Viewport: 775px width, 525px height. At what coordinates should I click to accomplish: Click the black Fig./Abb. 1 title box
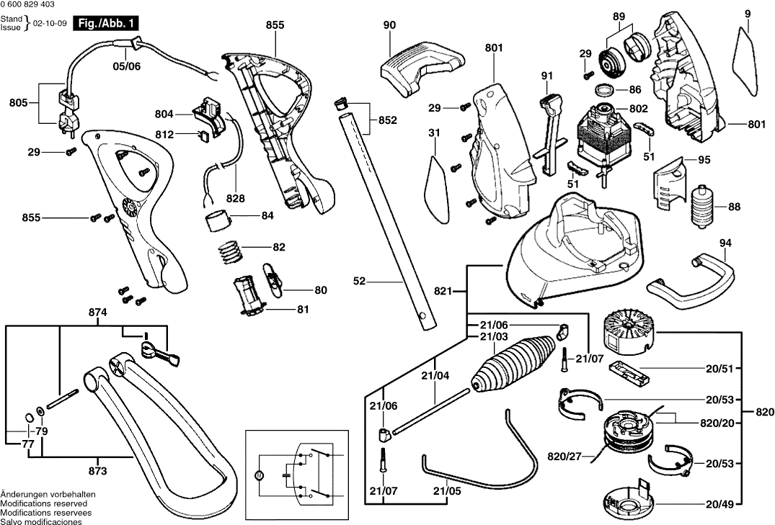(108, 23)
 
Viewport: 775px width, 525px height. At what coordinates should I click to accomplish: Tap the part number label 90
(389, 25)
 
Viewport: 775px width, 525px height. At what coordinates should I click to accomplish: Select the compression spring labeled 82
(230, 251)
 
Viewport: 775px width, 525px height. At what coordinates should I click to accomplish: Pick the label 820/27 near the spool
(564, 457)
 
